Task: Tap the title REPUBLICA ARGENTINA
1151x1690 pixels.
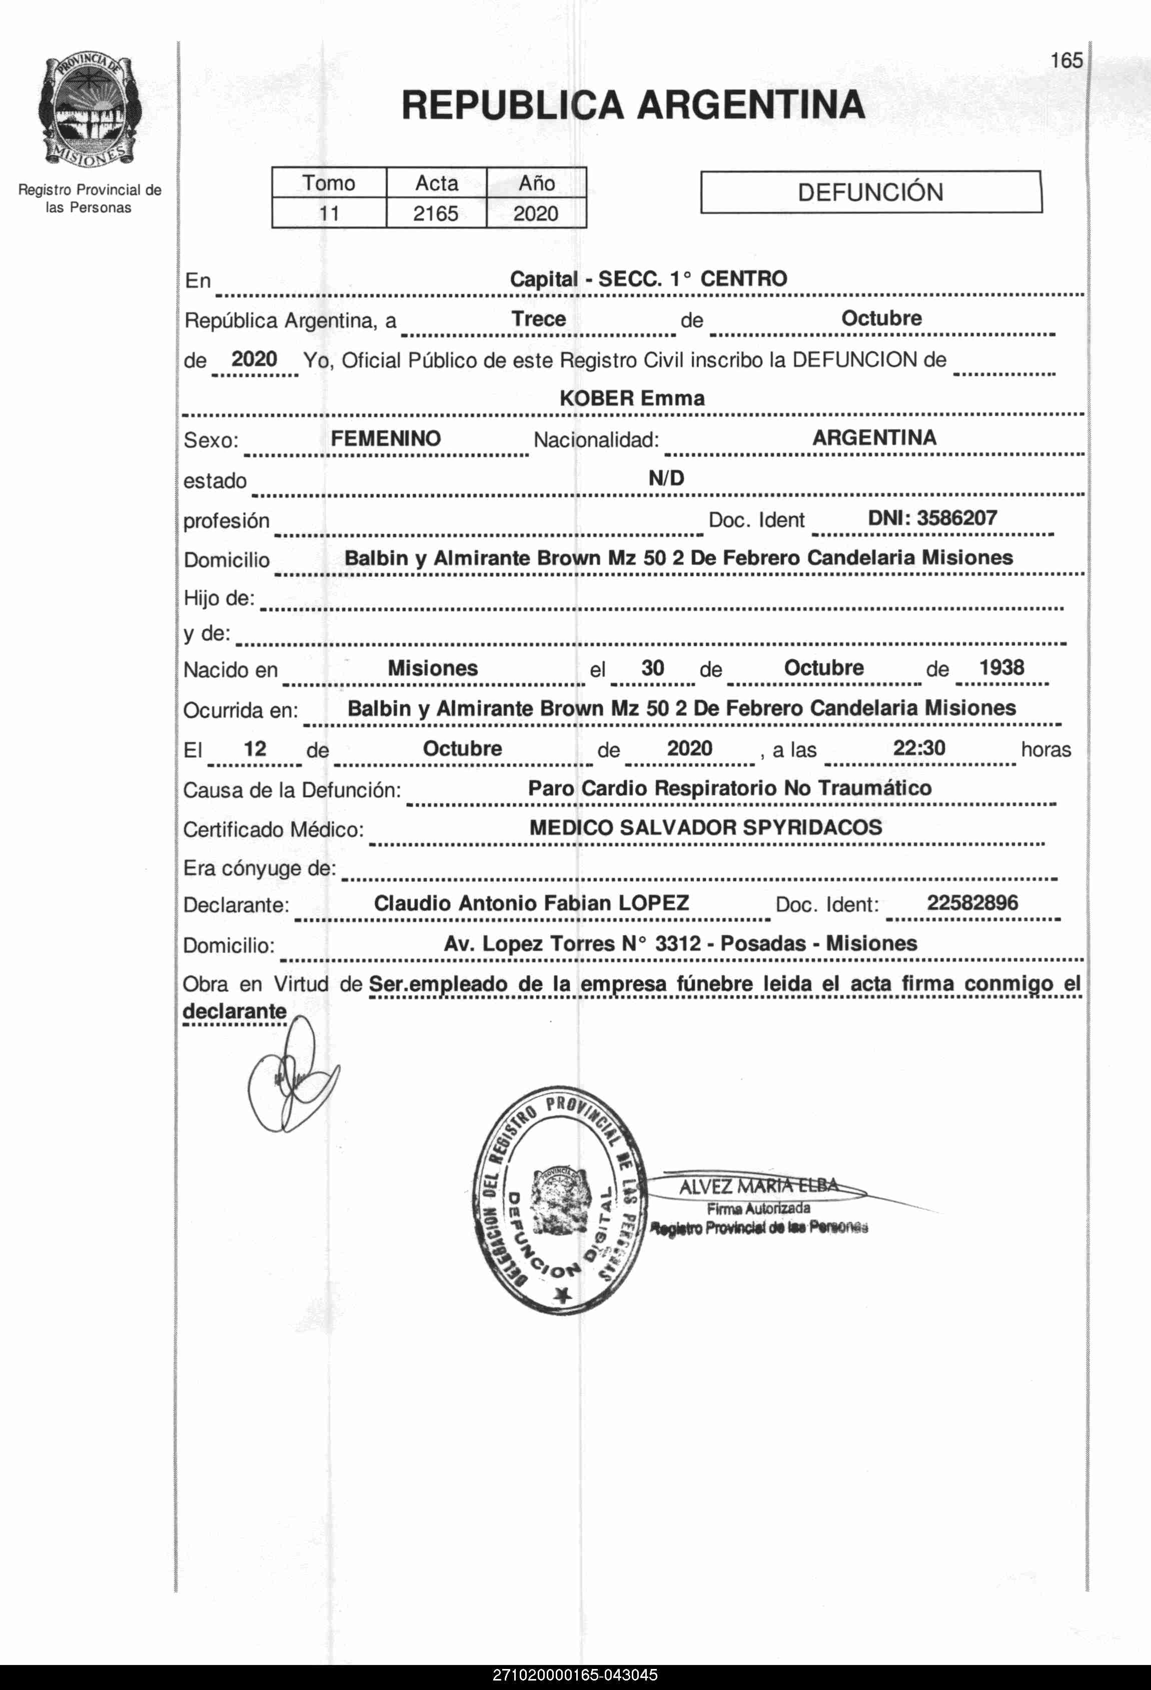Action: (x=632, y=104)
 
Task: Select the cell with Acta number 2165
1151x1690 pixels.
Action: (x=436, y=213)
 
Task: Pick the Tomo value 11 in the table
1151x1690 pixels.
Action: (x=329, y=213)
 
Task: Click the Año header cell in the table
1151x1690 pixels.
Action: (x=536, y=182)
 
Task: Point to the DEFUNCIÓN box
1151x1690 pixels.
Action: (x=870, y=192)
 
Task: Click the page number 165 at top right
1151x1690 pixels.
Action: (x=1066, y=60)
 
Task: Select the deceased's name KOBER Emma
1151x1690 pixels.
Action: (x=631, y=398)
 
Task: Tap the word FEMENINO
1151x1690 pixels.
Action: (x=386, y=438)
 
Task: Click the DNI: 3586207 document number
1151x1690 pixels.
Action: (x=932, y=518)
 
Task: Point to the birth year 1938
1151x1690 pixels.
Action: (x=1001, y=667)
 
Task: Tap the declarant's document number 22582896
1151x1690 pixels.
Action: (x=972, y=902)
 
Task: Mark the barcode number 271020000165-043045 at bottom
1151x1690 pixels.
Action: (x=575, y=1674)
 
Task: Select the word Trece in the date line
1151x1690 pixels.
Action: (x=538, y=318)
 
